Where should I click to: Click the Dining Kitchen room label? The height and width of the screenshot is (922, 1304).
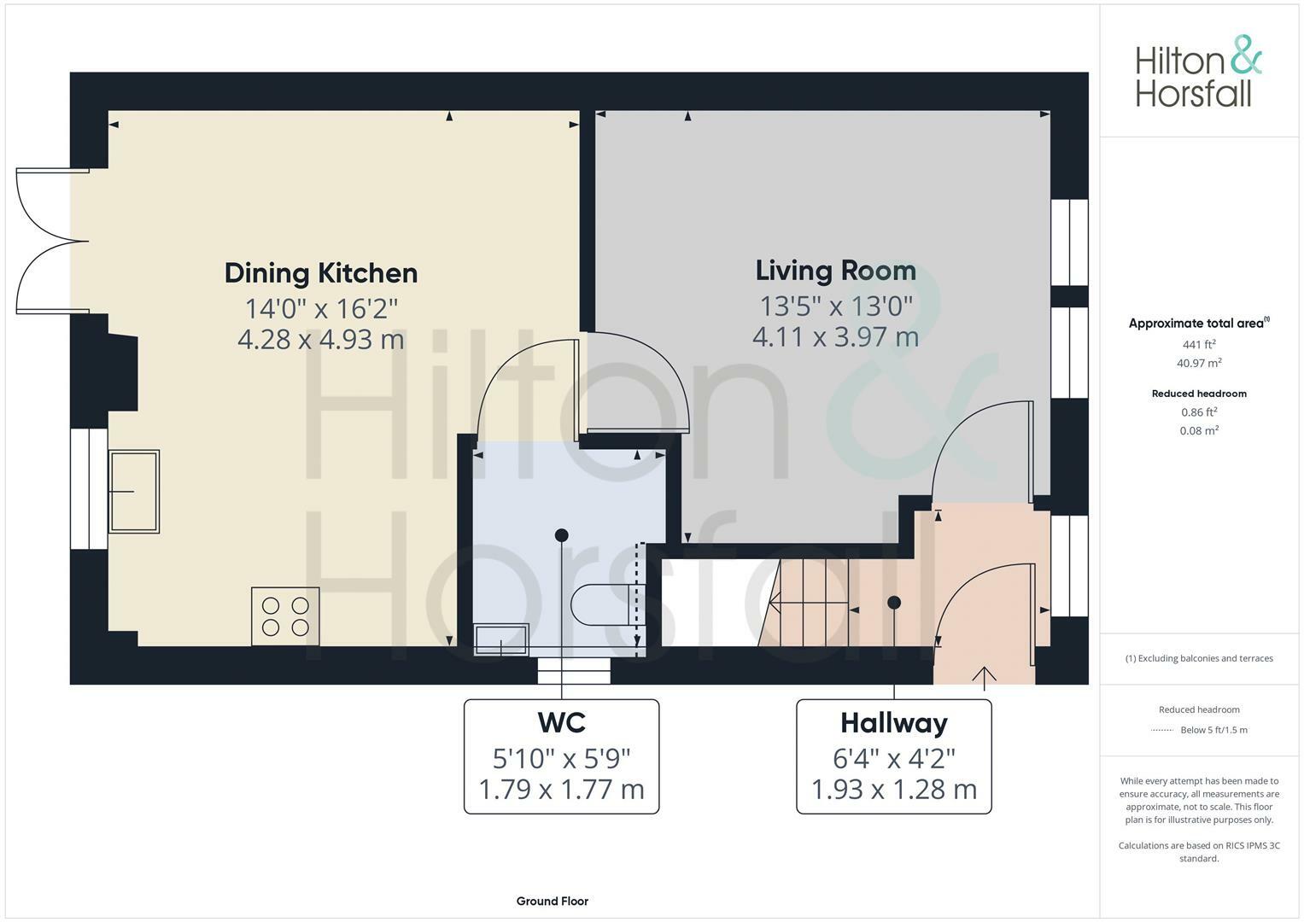coord(321,273)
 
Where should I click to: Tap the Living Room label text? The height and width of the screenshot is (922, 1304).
coord(835,271)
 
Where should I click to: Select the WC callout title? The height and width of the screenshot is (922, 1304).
coord(561,723)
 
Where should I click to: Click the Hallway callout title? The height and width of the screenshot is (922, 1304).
coord(893,723)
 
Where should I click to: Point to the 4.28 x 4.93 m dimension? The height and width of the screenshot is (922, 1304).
coord(321,339)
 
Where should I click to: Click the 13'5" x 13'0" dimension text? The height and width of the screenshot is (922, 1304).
coord(835,305)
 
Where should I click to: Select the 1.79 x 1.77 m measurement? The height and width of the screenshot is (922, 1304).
coord(561,789)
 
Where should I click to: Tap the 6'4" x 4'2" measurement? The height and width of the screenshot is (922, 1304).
coord(893,757)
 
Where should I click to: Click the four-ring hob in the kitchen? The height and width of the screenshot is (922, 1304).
coord(285,616)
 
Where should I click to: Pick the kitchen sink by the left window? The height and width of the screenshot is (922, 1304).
coord(134,492)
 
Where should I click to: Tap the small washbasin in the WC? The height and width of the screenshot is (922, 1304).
coord(501,639)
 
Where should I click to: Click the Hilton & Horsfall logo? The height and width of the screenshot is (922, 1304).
coord(1198,72)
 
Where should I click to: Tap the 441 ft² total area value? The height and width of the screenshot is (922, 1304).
coord(1198,344)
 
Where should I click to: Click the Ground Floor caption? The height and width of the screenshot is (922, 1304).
coord(552,901)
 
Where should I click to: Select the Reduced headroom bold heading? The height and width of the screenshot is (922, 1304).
coord(1198,394)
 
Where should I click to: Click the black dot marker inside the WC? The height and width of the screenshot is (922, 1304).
coord(561,535)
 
